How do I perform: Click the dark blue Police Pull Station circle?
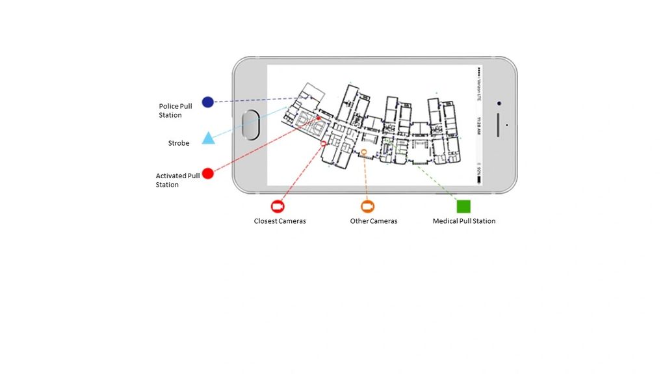pyautogui.click(x=207, y=101)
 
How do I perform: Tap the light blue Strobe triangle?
pyautogui.click(x=207, y=138)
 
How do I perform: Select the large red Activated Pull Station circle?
pyautogui.click(x=207, y=173)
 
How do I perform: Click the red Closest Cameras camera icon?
pyautogui.click(x=278, y=207)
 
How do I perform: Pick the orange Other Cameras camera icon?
pyautogui.click(x=368, y=207)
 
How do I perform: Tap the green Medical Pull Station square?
pyautogui.click(x=463, y=206)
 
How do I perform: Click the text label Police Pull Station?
pyautogui.click(x=176, y=111)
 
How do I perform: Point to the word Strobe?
pyautogui.click(x=179, y=143)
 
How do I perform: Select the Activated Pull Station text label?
pyautogui.click(x=177, y=180)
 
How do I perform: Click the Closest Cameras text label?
pyautogui.click(x=280, y=221)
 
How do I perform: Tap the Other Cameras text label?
pyautogui.click(x=374, y=221)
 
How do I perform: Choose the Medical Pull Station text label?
pyautogui.click(x=464, y=221)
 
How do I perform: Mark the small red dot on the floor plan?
pyautogui.click(x=311, y=118)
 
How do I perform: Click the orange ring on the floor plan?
pyautogui.click(x=364, y=152)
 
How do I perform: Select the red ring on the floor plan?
pyautogui.click(x=324, y=142)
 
